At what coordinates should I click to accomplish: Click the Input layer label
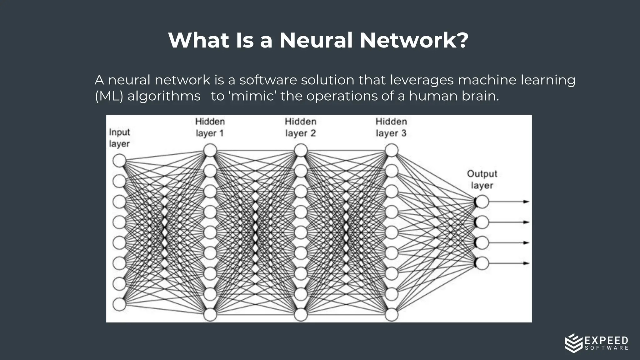click(119, 138)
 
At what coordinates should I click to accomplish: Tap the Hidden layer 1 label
click(210, 127)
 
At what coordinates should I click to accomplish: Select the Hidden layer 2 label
click(301, 127)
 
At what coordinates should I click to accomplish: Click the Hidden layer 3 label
click(391, 127)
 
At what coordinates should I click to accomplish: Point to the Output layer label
click(482, 179)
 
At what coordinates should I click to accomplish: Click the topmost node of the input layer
click(119, 161)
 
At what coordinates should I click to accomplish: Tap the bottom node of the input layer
click(119, 304)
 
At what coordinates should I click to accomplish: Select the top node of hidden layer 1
click(210, 150)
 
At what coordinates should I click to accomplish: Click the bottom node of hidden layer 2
click(301, 315)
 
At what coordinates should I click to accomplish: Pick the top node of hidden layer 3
click(391, 150)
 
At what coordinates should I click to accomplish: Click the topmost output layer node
click(482, 202)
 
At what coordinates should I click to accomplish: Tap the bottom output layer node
click(482, 263)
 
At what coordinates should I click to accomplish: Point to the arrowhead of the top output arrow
click(527, 202)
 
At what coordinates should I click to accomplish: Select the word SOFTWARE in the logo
click(606, 348)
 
